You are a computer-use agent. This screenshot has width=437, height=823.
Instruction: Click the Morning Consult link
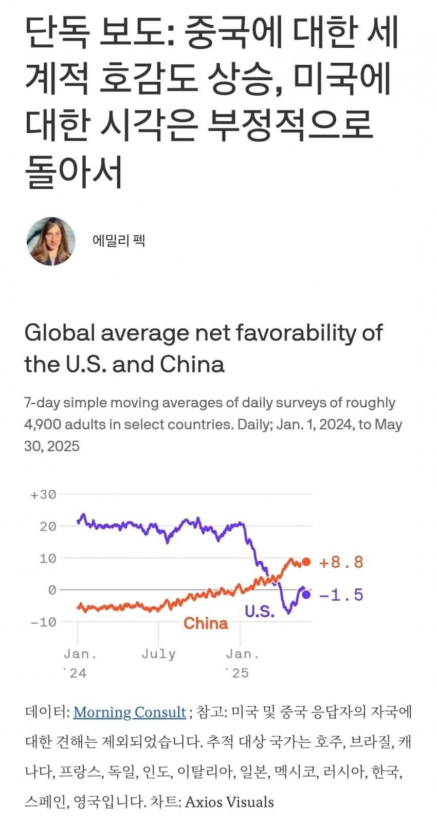[130, 712]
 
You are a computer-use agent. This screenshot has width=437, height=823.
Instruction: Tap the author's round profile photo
[51, 241]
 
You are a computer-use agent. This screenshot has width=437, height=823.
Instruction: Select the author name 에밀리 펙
[119, 240]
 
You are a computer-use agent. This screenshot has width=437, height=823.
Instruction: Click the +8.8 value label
[341, 562]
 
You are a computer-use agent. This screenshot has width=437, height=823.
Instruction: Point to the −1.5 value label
[341, 595]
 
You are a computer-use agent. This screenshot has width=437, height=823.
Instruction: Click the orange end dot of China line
[306, 562]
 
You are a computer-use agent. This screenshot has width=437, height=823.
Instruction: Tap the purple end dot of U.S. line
[306, 595]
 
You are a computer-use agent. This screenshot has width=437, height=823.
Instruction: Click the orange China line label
[206, 623]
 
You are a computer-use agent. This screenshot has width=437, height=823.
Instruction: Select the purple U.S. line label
[260, 611]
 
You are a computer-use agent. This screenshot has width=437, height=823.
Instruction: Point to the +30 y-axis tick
[43, 495]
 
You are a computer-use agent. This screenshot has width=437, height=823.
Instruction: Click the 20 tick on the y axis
[47, 526]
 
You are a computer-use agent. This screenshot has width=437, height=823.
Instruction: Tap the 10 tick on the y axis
[47, 558]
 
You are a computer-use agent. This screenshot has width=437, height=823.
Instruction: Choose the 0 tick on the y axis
[51, 590]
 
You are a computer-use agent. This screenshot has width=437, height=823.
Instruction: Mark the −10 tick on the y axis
[43, 622]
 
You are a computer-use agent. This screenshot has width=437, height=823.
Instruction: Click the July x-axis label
[158, 654]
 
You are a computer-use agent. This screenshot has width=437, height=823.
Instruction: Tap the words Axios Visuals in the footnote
[229, 801]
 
